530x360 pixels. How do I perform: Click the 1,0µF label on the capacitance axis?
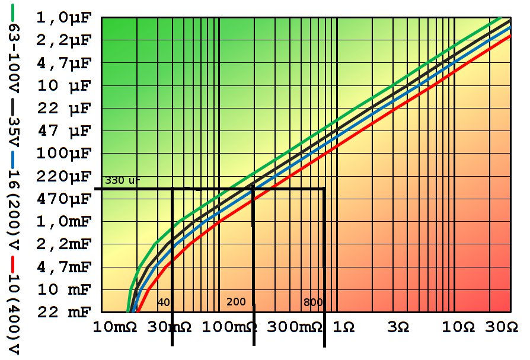[64, 18]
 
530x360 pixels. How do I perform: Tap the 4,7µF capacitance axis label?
[64, 63]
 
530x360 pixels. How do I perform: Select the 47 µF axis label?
[64, 131]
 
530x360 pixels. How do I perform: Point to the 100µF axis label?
[64, 154]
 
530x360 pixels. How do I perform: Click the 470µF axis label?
[64, 199]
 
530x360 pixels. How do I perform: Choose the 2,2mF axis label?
[64, 244]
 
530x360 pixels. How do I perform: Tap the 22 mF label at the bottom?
[64, 312]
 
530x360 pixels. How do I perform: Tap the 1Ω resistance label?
[344, 328]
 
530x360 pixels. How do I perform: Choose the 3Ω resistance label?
[398, 328]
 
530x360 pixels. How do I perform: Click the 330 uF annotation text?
[123, 180]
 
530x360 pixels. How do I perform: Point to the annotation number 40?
[164, 302]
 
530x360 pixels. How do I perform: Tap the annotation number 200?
[236, 302]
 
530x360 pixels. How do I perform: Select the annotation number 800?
[313, 302]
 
